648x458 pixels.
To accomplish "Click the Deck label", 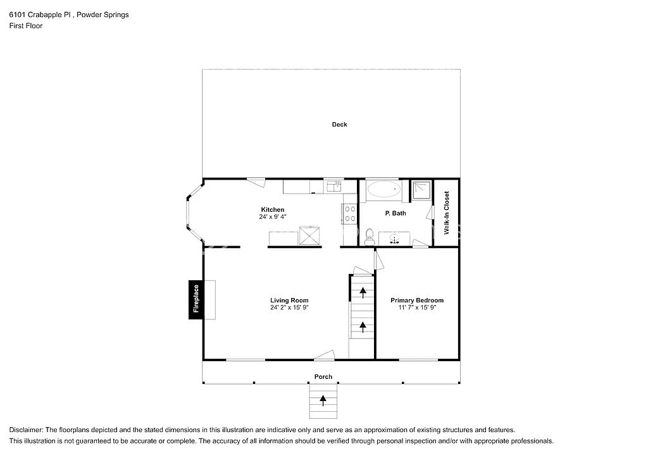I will point(339,125).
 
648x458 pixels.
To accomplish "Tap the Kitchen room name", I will point(273,209).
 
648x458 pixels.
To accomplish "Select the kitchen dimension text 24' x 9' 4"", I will point(273,217).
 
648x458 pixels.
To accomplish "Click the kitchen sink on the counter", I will point(333,186).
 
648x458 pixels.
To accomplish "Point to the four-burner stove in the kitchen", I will point(349,214).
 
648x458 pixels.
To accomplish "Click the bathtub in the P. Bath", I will point(383,189).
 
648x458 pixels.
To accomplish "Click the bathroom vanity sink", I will point(394,239).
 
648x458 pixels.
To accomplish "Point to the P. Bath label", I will point(396,213).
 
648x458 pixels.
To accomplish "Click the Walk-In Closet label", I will point(446,213).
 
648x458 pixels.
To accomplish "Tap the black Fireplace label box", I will point(196,299).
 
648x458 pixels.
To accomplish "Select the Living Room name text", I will point(289,300).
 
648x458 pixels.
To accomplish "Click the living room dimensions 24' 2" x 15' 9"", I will point(289,307).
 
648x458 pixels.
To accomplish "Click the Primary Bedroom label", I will point(416,300).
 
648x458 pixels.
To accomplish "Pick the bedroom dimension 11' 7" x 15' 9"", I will point(416,307).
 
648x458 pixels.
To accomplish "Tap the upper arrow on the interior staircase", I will point(363,292).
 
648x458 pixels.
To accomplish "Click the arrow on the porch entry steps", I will point(323,399).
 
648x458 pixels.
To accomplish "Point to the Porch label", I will point(323,377).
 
